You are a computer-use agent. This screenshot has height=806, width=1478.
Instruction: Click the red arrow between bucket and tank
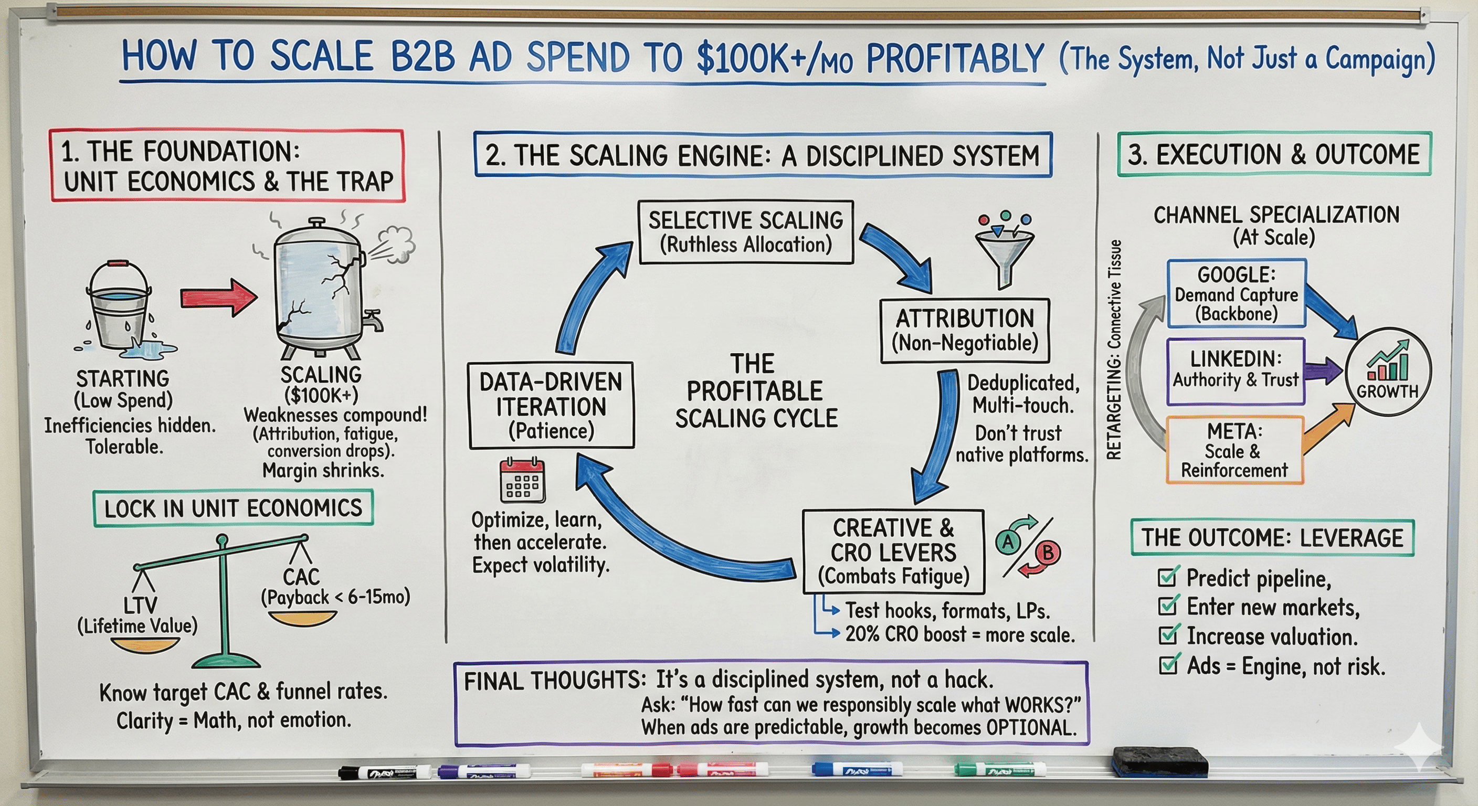pyautogui.click(x=218, y=297)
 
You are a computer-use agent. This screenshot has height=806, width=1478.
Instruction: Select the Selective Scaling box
pyautogui.click(x=745, y=232)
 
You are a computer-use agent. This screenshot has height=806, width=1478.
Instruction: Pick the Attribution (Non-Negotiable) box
pyautogui.click(x=965, y=331)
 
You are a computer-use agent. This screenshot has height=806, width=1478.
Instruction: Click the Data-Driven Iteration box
pyautogui.click(x=551, y=406)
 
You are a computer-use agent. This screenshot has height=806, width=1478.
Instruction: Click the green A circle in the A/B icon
pyautogui.click(x=1009, y=542)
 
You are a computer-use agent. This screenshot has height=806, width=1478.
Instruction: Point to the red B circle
pyautogui.click(x=1048, y=553)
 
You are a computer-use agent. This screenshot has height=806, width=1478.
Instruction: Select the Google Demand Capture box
pyautogui.click(x=1237, y=294)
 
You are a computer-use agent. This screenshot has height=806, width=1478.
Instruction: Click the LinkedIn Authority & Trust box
pyautogui.click(x=1236, y=370)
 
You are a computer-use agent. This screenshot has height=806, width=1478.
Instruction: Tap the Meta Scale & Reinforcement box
pyautogui.click(x=1234, y=451)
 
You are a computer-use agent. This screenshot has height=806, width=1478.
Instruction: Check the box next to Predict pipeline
pyautogui.click(x=1167, y=576)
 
